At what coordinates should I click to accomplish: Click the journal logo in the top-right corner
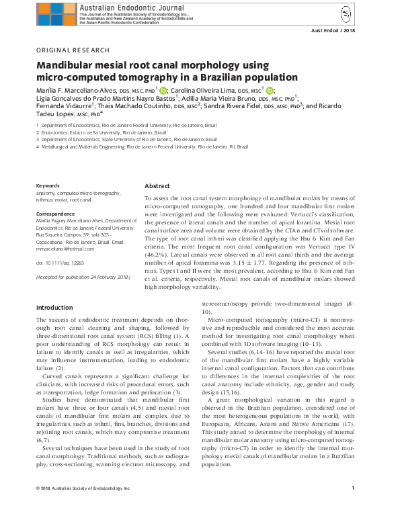tap(345, 14)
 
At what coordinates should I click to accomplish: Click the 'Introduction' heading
tap(56, 308)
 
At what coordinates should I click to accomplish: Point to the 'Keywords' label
tap(47, 185)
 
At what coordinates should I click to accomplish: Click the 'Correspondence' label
tap(56, 213)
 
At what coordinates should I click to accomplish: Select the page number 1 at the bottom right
tap(353, 506)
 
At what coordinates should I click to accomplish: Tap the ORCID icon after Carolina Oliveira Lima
tap(270, 89)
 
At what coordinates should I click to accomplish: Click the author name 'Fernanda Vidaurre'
tap(65, 106)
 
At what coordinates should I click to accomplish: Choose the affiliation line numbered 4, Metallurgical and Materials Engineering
tap(143, 146)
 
